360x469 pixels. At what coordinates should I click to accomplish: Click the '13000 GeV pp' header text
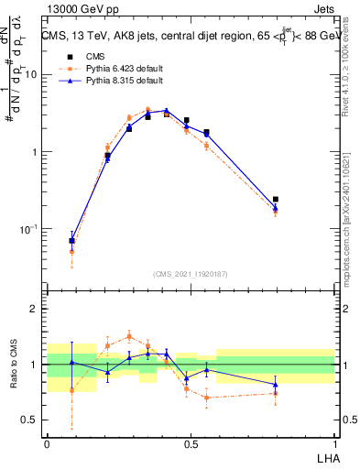(x=74, y=9)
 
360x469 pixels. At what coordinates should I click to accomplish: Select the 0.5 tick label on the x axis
(x=191, y=443)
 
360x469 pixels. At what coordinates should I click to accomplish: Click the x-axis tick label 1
(x=333, y=443)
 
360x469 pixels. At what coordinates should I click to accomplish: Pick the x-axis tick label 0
(x=47, y=443)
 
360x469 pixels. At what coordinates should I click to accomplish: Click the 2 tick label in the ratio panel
(x=37, y=310)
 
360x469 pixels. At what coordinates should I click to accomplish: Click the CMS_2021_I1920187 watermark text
(x=191, y=274)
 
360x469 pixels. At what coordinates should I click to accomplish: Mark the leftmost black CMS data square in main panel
(x=72, y=241)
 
